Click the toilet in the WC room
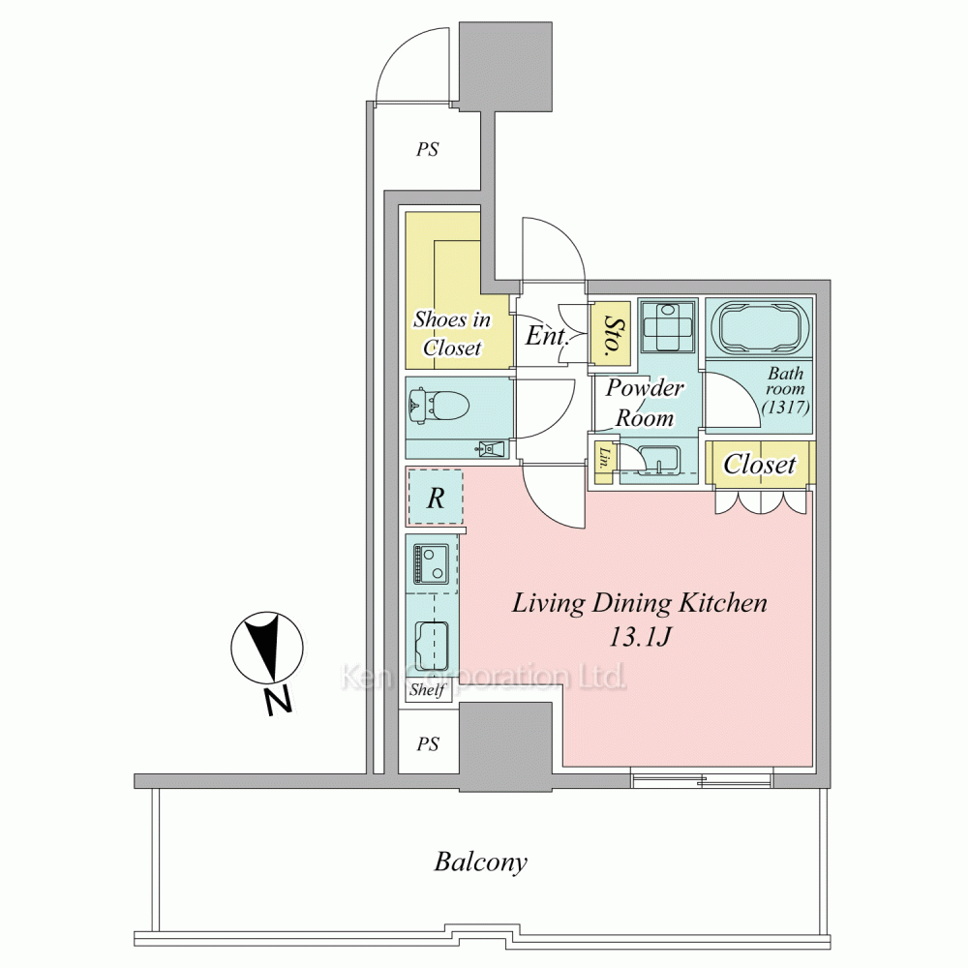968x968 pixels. (x=439, y=407)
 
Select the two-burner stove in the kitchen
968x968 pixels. (x=431, y=563)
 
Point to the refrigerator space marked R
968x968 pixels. (x=436, y=498)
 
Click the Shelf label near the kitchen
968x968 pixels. (x=427, y=689)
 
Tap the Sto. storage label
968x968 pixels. (x=611, y=336)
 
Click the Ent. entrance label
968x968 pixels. (x=547, y=336)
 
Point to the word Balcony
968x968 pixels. (x=481, y=862)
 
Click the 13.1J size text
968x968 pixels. (x=640, y=637)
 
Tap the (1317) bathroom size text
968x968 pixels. (x=785, y=407)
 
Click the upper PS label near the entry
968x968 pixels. (x=427, y=149)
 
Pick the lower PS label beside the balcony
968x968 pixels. (x=428, y=743)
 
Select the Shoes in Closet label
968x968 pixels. (x=452, y=333)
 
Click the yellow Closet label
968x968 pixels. (x=759, y=465)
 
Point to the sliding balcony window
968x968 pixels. (x=702, y=778)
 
